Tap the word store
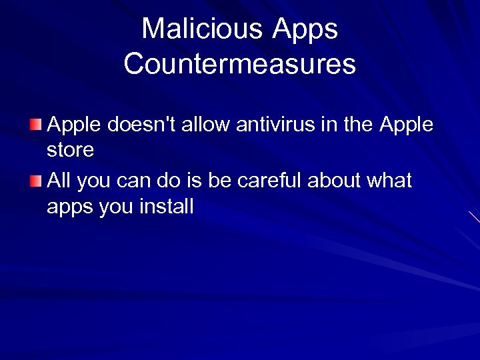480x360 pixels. click(70, 149)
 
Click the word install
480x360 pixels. click(166, 207)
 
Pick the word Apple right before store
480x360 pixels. click(406, 124)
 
